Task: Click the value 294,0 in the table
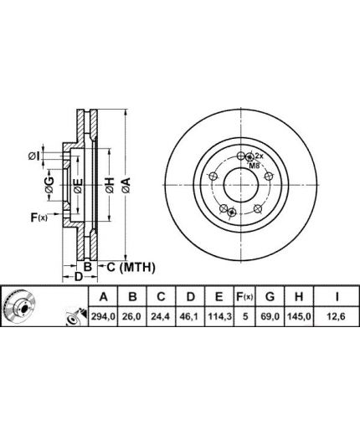[104, 316]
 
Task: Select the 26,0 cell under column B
[132, 316]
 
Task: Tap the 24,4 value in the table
[161, 316]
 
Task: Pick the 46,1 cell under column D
[190, 316]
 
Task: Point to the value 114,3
[219, 316]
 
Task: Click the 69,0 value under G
[270, 316]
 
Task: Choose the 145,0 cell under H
[299, 316]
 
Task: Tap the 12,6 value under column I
[337, 316]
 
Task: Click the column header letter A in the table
[104, 297]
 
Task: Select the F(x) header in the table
[244, 297]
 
